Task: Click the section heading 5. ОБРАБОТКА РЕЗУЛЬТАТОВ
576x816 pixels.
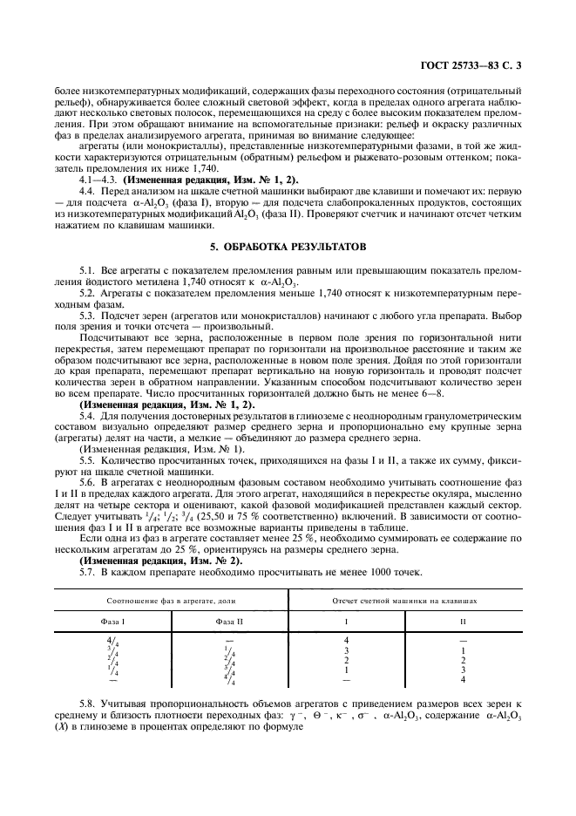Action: [288, 247]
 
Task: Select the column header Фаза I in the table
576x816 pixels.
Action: [112, 621]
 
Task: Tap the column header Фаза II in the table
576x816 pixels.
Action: [229, 621]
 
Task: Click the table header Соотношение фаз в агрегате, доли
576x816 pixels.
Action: [172, 601]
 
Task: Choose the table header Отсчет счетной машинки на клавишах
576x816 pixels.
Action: [404, 601]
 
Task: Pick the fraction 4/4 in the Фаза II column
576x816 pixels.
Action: [230, 680]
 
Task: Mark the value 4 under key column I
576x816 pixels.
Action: [347, 641]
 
